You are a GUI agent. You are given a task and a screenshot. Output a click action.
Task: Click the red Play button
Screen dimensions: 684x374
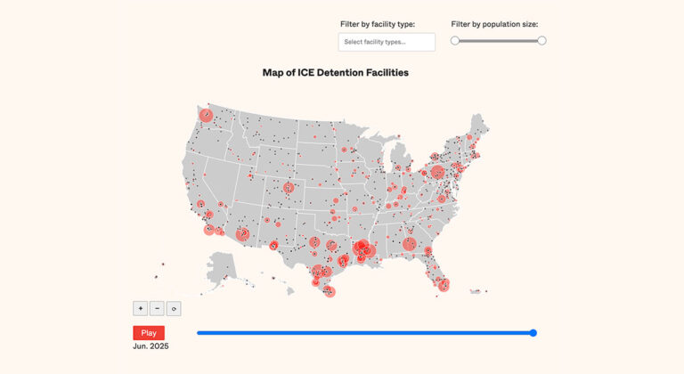(x=149, y=333)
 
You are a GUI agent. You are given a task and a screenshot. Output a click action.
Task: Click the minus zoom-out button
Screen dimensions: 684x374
(x=157, y=308)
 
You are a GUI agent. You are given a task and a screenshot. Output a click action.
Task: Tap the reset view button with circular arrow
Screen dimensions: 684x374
(x=174, y=308)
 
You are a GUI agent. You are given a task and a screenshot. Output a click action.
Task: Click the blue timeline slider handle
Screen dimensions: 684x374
(x=533, y=333)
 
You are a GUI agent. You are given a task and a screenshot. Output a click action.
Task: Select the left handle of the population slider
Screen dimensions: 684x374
(x=455, y=41)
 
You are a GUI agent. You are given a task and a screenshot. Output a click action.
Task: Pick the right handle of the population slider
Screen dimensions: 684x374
(x=541, y=41)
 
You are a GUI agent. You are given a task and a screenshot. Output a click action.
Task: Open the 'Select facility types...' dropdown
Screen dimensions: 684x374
(x=387, y=42)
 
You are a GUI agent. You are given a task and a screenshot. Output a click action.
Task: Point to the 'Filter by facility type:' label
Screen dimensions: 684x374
(x=378, y=24)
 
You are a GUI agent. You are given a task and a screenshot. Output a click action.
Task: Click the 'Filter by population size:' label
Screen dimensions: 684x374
(x=494, y=24)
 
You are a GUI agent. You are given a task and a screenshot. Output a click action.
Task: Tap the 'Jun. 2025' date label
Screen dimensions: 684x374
(x=151, y=346)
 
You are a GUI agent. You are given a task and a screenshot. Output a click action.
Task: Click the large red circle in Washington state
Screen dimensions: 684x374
(x=206, y=115)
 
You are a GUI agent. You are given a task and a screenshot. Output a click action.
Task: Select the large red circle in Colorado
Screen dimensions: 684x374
(x=289, y=188)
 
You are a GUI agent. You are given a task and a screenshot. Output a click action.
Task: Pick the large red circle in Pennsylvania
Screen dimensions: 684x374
(x=437, y=172)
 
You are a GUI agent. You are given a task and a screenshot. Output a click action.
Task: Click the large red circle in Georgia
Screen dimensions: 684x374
(x=409, y=244)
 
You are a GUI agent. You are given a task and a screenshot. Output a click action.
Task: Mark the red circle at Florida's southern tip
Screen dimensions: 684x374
(x=444, y=286)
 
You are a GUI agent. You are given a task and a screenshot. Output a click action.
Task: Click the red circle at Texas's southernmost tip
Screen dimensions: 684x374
(x=330, y=291)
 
